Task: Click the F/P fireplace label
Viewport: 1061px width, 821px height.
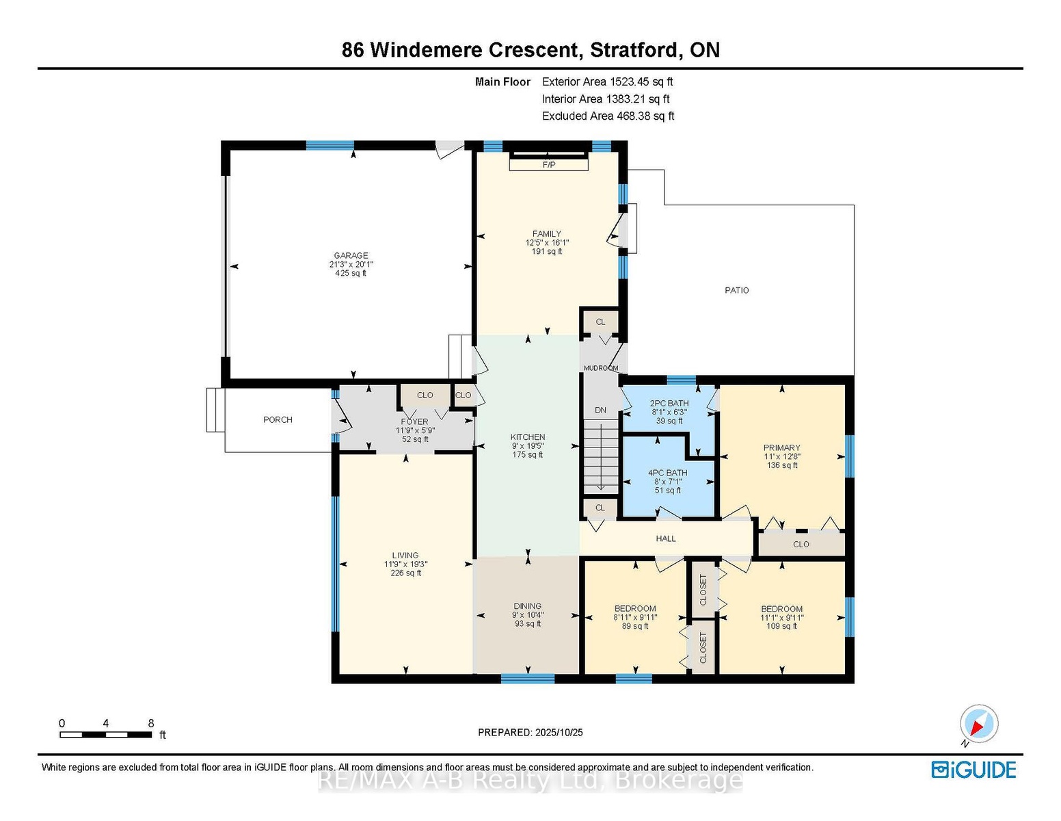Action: (548, 165)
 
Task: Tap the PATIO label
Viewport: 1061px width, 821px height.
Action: (736, 290)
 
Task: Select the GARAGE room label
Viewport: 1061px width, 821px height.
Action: (351, 255)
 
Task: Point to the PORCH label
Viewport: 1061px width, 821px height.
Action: (278, 419)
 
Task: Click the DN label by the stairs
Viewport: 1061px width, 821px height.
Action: (600, 410)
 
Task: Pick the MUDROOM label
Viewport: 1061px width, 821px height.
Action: (600, 368)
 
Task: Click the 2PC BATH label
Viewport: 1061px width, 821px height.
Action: (669, 403)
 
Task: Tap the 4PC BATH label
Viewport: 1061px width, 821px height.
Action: (667, 473)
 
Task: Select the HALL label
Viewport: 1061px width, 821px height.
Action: (665, 538)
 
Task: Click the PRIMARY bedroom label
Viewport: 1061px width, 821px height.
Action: (781, 447)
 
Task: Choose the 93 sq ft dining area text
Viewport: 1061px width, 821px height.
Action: (527, 624)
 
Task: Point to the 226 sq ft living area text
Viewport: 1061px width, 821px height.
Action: (405, 573)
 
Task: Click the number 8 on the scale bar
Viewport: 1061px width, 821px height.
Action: (151, 723)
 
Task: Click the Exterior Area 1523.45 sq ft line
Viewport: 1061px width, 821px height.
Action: (607, 81)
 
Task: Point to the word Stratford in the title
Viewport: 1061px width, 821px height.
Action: (634, 50)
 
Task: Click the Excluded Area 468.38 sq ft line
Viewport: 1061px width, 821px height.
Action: (608, 116)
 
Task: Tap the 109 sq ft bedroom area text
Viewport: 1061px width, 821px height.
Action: (781, 626)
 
